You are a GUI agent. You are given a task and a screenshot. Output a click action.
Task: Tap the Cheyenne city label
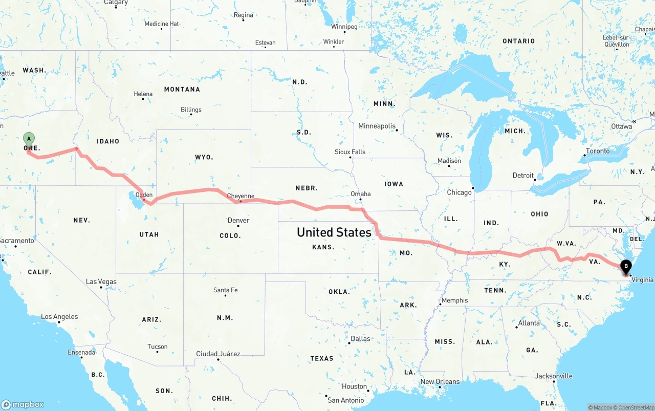241,196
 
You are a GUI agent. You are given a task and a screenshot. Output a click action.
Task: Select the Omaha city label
361,194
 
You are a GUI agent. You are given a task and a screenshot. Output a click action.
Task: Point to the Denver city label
238,221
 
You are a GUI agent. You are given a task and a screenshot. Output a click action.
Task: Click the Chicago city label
459,192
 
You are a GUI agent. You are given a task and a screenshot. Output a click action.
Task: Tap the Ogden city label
144,195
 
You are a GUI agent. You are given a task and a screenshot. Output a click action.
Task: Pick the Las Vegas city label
101,282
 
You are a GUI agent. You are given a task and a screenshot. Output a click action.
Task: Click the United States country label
334,232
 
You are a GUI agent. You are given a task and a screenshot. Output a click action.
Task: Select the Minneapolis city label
377,126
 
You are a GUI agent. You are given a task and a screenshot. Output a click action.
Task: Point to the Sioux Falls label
350,152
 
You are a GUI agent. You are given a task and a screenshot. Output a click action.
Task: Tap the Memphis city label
454,300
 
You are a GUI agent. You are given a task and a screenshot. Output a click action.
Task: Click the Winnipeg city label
344,27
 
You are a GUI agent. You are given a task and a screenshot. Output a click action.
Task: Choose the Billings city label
191,110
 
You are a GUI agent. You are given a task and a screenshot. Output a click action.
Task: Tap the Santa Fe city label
225,290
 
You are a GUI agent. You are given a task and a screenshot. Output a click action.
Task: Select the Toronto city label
598,151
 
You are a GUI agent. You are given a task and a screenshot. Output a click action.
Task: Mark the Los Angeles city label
59,317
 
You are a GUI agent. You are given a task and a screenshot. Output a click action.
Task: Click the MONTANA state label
182,90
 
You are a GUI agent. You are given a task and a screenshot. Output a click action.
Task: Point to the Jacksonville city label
554,376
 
